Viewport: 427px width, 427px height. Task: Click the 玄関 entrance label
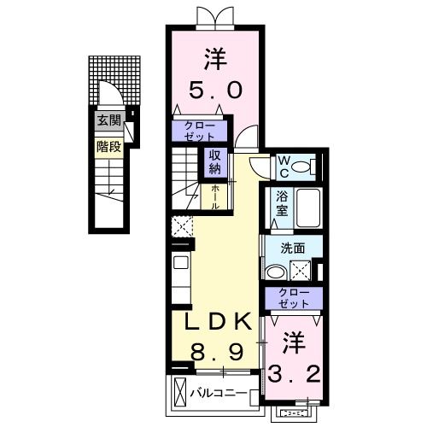(108, 120)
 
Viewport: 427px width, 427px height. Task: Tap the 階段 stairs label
(108, 147)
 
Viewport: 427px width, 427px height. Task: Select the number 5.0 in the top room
(215, 89)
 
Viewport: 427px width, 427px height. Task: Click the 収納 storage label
(214, 161)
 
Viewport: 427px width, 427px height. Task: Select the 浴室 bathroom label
(283, 202)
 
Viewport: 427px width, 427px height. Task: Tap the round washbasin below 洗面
(275, 272)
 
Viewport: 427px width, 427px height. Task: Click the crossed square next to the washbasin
(301, 272)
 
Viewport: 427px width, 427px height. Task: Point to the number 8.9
(218, 352)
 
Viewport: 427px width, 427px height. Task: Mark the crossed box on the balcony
(180, 394)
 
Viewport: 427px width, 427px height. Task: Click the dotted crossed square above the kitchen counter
(182, 227)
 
